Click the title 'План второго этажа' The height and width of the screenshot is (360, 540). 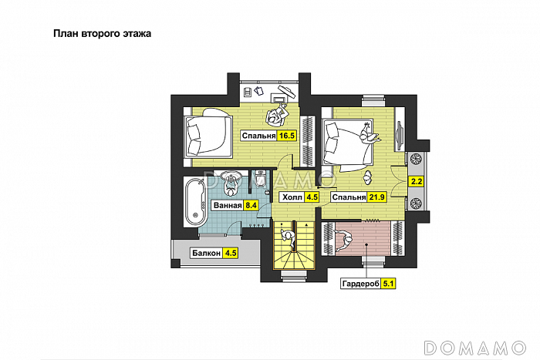[x=102, y=34]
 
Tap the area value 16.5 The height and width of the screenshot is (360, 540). [x=286, y=136]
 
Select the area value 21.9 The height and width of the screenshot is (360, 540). [x=376, y=197]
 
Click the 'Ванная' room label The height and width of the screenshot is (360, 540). [x=228, y=206]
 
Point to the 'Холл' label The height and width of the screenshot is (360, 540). [x=292, y=197]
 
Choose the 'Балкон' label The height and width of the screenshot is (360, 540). [x=206, y=254]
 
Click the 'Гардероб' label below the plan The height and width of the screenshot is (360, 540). [x=360, y=284]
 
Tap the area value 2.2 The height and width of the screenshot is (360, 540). [x=417, y=181]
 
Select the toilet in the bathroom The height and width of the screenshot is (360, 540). [x=261, y=177]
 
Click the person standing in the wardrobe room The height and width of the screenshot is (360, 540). [x=345, y=239]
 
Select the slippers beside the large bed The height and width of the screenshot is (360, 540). [x=368, y=177]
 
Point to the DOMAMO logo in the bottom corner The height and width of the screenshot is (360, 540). [x=475, y=348]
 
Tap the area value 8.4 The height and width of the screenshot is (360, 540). [x=251, y=206]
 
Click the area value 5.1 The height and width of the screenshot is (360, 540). [x=389, y=284]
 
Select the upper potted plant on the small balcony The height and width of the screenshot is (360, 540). [x=416, y=159]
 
